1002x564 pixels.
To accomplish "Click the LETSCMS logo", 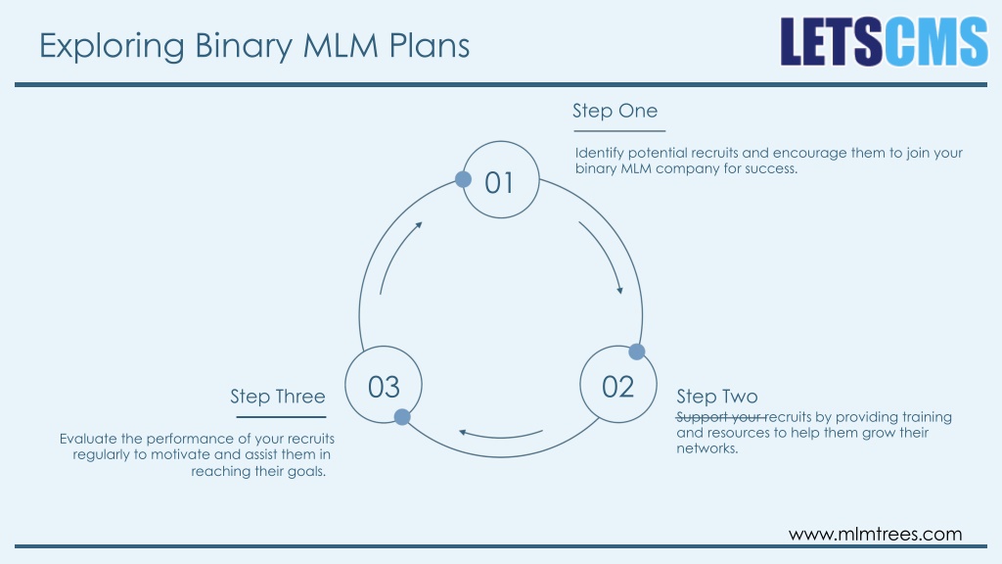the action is [884, 41].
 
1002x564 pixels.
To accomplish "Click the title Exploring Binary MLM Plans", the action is [254, 46].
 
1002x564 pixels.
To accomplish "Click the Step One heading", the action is [615, 111].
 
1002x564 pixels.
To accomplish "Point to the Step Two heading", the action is [717, 397].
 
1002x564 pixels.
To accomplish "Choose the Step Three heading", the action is [278, 397].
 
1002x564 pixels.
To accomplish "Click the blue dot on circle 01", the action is [463, 179].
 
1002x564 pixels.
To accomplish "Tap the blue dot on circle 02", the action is [636, 352].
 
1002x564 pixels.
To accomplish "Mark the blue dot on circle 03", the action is [402, 417].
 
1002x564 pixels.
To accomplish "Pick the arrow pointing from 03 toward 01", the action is [395, 254].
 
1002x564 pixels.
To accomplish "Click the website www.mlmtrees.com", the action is [876, 534].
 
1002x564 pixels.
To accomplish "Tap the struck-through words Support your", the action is [720, 417].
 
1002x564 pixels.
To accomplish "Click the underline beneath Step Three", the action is [281, 417].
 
